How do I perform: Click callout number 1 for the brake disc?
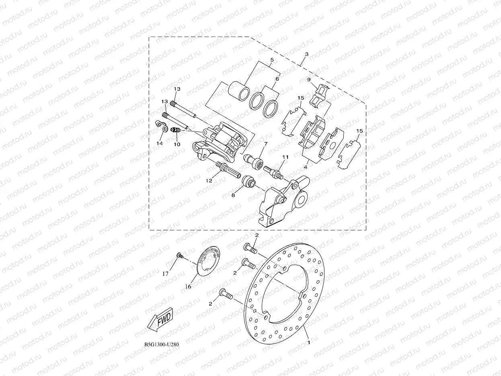pyautogui.click(x=308, y=343)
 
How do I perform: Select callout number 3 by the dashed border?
pyautogui.click(x=307, y=54)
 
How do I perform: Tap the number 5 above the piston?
pyautogui.click(x=271, y=60)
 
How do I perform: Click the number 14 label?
pyautogui.click(x=160, y=143)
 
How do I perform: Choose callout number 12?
pyautogui.click(x=209, y=181)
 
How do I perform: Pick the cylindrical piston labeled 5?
pyautogui.click(x=239, y=91)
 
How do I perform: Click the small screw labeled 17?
pyautogui.click(x=179, y=255)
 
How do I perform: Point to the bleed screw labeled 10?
pyautogui.click(x=175, y=130)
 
